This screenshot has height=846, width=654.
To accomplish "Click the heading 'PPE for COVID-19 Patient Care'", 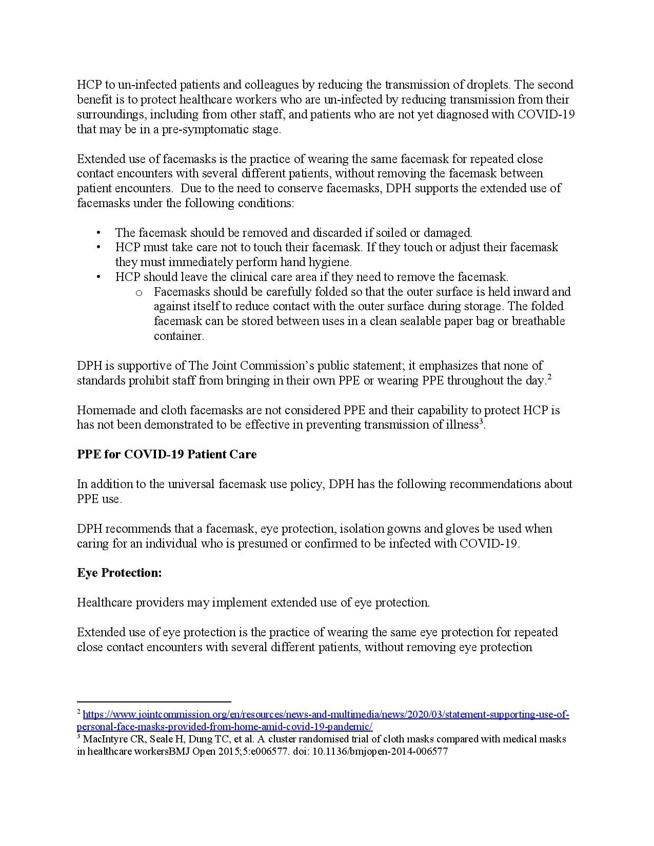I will click(167, 454).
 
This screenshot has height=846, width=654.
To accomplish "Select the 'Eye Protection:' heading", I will click(120, 573).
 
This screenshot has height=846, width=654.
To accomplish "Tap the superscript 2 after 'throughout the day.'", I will click(549, 377).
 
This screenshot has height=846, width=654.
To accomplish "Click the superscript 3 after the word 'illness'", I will click(481, 422).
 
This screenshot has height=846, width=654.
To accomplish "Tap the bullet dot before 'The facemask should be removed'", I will click(98, 233).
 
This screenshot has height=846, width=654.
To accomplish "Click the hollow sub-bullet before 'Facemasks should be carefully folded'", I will click(138, 292).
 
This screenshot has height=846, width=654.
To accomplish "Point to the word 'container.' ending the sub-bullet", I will click(179, 336).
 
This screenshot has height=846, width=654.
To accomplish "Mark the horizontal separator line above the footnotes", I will click(154, 701).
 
